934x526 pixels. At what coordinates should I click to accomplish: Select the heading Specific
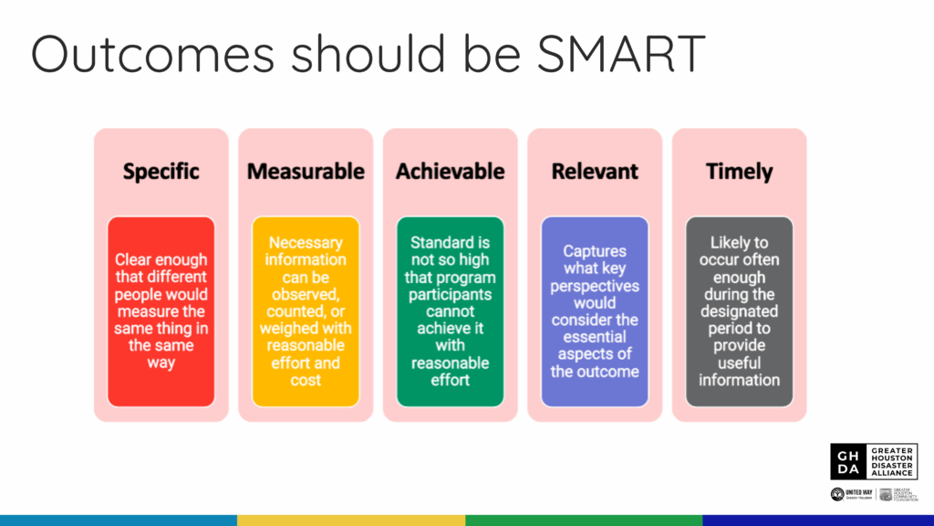[161, 172]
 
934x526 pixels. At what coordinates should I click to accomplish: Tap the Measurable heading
[306, 172]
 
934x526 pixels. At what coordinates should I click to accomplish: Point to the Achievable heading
[450, 172]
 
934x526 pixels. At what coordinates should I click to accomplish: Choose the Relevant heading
[595, 172]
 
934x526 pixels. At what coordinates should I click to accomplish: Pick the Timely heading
[739, 172]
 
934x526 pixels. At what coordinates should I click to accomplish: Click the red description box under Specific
[161, 311]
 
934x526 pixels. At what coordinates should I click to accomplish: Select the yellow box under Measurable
[306, 311]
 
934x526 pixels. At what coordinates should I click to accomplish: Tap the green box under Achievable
[450, 311]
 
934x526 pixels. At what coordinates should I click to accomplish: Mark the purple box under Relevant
[595, 311]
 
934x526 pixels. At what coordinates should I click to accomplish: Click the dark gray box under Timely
[739, 311]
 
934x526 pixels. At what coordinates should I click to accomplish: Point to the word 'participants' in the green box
[450, 295]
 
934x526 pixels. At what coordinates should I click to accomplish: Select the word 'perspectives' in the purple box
[595, 286]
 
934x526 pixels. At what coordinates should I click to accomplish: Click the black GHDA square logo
[847, 461]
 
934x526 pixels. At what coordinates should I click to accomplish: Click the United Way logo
[851, 494]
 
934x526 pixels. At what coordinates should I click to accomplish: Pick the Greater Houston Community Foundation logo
[898, 494]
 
